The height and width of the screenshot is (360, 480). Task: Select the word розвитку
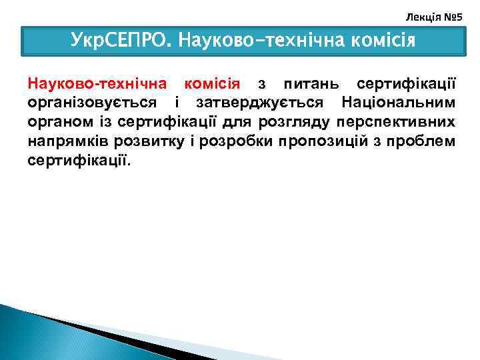click(145, 142)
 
